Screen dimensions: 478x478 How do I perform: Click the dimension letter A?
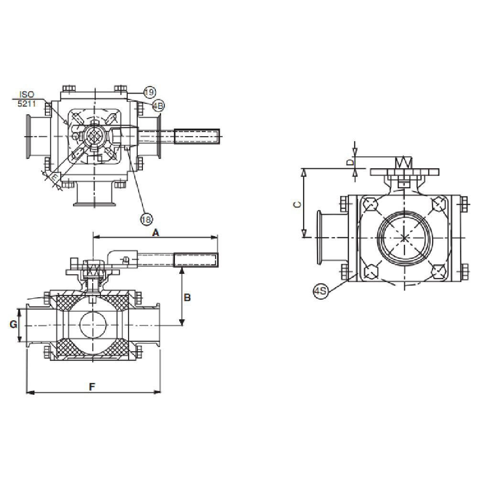pyautogui.click(x=155, y=232)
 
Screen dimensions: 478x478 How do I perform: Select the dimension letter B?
pyautogui.click(x=187, y=297)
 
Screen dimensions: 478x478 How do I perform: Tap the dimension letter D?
pyautogui.click(x=350, y=163)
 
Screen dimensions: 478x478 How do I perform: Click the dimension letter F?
pyautogui.click(x=92, y=387)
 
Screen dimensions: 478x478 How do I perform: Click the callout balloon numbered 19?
pyautogui.click(x=149, y=92)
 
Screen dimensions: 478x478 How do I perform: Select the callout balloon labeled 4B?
pyautogui.click(x=158, y=106)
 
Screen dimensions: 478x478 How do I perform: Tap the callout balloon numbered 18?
pyautogui.click(x=146, y=219)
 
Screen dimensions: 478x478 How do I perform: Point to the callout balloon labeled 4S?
pyautogui.click(x=321, y=291)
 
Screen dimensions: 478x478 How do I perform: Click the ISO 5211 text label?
pyautogui.click(x=28, y=98)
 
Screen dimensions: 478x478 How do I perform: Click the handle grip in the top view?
pyautogui.click(x=196, y=136)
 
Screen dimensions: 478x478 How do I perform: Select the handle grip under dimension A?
pyautogui.click(x=196, y=260)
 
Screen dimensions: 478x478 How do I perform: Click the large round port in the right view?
pyautogui.click(x=404, y=238)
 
